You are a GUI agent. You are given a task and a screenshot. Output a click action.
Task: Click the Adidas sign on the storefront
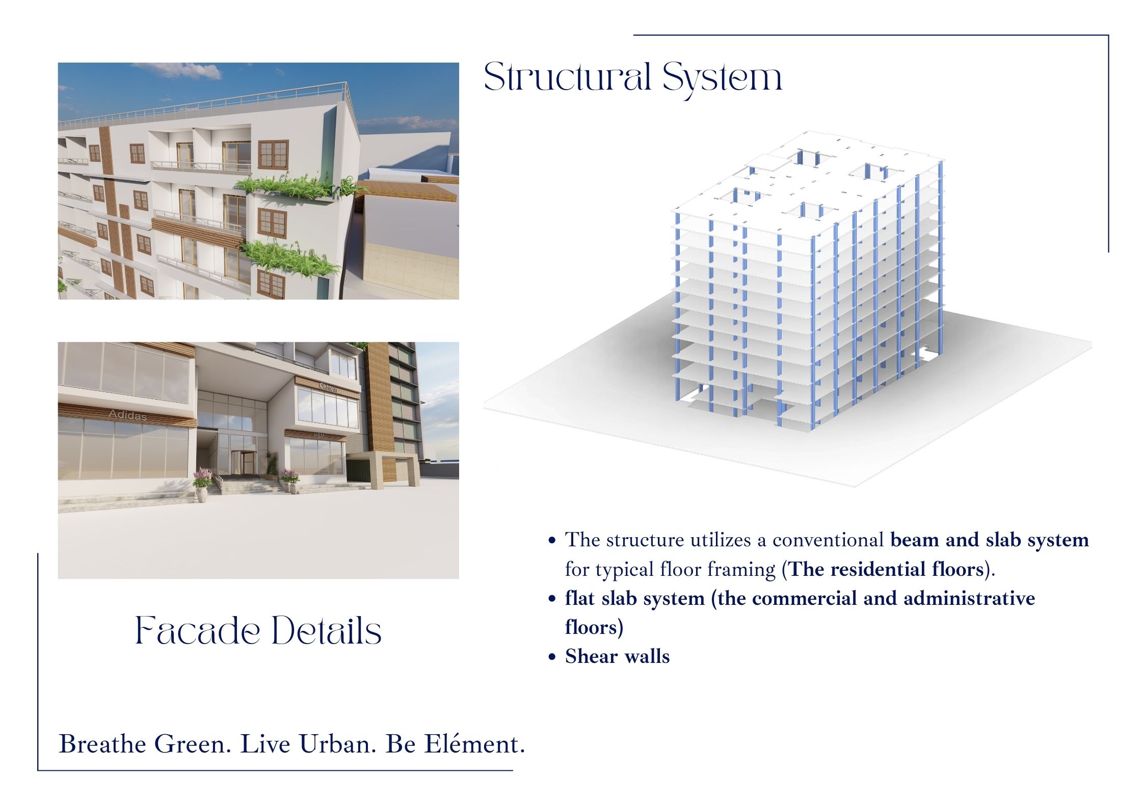[x=127, y=415]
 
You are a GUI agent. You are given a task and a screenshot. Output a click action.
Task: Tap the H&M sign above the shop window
[x=320, y=435]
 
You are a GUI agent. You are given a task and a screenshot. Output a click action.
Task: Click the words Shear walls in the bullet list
[x=617, y=656]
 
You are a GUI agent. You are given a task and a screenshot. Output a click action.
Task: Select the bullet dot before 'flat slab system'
[x=551, y=599]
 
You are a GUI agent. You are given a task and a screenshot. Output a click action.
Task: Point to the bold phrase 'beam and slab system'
[x=990, y=541]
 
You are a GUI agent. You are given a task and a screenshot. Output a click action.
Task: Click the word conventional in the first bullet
[x=828, y=540]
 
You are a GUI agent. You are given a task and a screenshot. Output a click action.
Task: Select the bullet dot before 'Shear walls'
[x=551, y=657]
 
